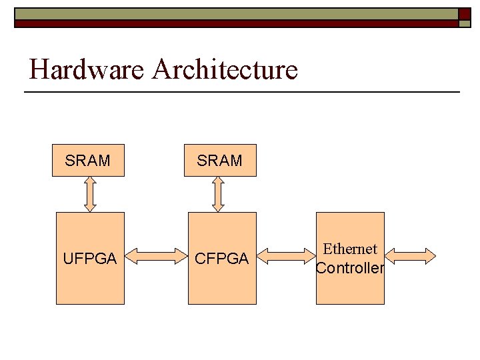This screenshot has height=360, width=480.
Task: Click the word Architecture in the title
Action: click(225, 69)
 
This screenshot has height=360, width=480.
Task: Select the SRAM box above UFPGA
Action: click(88, 161)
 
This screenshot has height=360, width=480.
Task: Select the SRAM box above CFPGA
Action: click(220, 161)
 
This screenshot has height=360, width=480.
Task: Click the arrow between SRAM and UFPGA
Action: click(90, 194)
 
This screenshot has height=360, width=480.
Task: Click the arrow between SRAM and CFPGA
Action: click(218, 194)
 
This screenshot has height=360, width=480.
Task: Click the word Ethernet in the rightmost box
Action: click(350, 249)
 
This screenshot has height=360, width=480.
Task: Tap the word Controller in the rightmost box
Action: click(350, 269)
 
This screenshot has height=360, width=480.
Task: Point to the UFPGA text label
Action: click(89, 259)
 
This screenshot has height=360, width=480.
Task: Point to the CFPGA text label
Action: click(221, 259)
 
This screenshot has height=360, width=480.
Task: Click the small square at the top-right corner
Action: click(465, 18)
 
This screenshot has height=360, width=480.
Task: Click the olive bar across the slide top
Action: click(233, 14)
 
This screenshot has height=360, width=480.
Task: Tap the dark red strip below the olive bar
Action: click(233, 23)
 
